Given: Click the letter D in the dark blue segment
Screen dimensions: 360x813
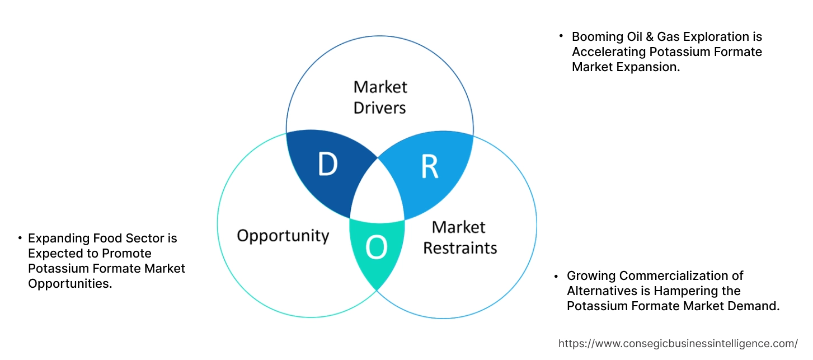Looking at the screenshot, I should [x=327, y=164].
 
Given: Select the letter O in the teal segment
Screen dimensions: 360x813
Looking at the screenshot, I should [x=377, y=248].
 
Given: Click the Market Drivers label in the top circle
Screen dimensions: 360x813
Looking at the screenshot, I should [x=380, y=97].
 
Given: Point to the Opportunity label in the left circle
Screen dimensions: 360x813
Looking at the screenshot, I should [x=283, y=235].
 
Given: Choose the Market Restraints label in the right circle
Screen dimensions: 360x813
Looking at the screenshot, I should [x=459, y=237].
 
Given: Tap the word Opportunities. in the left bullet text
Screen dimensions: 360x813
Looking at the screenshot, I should [x=70, y=284].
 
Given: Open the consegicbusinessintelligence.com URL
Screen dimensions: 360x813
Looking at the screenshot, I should [x=678, y=344].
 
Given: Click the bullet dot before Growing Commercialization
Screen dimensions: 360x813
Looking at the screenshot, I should [x=556, y=277].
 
